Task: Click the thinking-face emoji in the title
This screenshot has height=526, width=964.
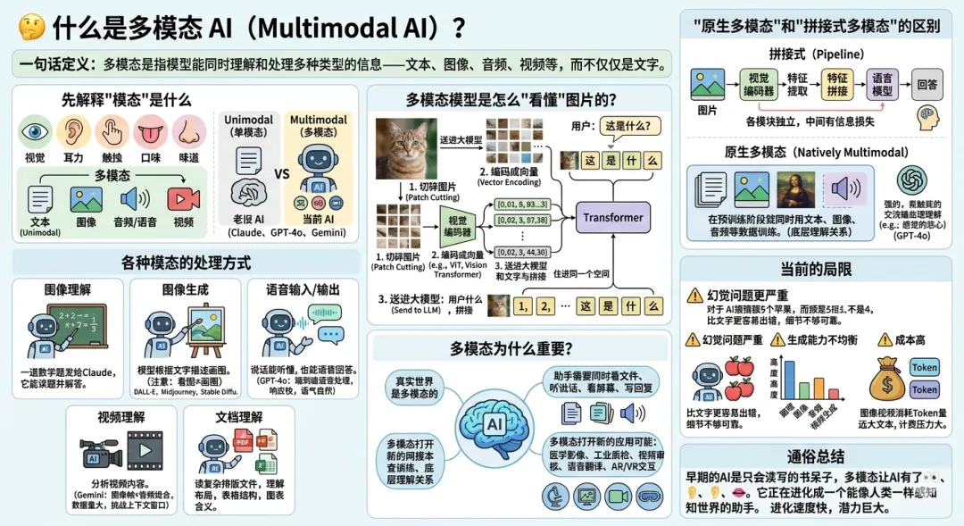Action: click(x=30, y=28)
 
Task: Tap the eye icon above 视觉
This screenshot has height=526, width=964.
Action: click(x=35, y=132)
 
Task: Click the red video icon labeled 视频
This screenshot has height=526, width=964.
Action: click(x=183, y=198)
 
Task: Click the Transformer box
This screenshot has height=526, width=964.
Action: click(x=612, y=217)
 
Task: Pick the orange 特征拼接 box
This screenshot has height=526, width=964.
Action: click(x=837, y=84)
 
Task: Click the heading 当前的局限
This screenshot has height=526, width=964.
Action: click(x=816, y=269)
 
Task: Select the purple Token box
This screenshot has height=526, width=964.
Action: click(x=925, y=389)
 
